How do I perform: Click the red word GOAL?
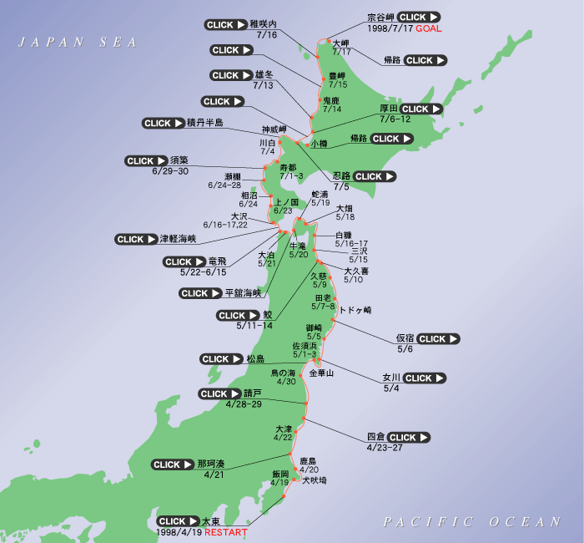(x=427, y=28)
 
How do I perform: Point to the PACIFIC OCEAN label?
(x=472, y=522)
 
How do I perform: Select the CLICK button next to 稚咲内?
(x=225, y=25)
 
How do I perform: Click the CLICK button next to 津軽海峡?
(x=137, y=239)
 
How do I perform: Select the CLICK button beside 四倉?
(x=408, y=437)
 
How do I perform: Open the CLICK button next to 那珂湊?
(x=173, y=464)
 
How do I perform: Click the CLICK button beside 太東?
(x=178, y=521)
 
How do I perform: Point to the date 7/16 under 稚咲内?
(x=267, y=35)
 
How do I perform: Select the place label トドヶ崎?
(x=355, y=310)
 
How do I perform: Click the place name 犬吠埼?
(x=315, y=480)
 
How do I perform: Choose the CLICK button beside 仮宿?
(x=437, y=339)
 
